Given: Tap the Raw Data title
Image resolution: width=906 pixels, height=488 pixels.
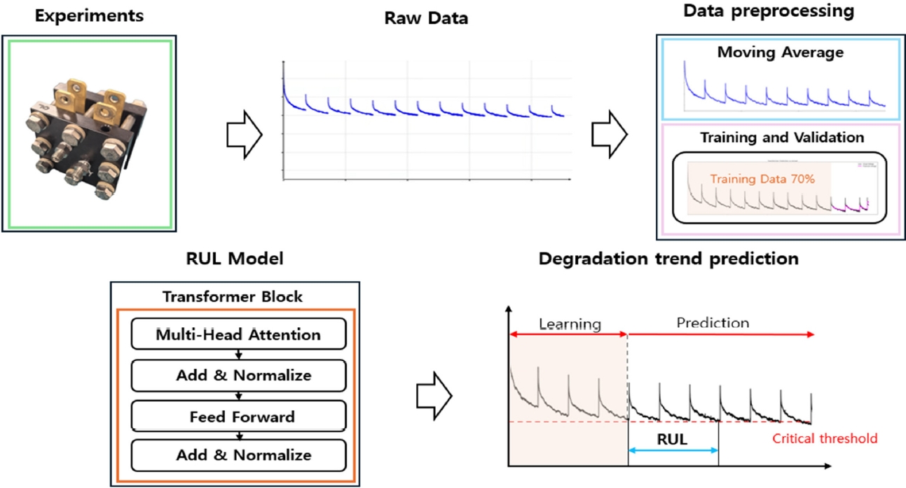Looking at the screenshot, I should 426,18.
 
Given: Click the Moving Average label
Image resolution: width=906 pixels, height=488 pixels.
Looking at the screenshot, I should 779,52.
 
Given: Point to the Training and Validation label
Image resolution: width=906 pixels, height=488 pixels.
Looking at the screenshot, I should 782,137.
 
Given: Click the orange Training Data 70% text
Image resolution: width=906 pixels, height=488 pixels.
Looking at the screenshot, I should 762,179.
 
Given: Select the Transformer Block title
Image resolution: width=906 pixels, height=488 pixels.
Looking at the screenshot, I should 233,297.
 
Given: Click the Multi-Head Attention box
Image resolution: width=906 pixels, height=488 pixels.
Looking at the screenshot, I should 238,334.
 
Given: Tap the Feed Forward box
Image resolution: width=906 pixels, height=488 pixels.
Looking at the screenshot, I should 238,417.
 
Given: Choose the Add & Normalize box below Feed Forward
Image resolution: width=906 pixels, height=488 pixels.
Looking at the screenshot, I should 238,455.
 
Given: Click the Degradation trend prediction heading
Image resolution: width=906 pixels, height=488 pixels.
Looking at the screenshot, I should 668,259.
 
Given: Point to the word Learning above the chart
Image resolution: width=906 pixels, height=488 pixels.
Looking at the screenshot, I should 570,324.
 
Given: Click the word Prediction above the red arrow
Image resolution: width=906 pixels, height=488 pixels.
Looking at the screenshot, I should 713,323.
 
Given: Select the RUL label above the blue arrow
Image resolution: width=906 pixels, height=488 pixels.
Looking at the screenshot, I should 673,440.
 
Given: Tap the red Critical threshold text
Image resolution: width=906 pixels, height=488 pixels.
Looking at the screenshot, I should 824,439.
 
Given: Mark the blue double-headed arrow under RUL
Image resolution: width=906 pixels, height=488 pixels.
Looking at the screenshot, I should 673,451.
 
